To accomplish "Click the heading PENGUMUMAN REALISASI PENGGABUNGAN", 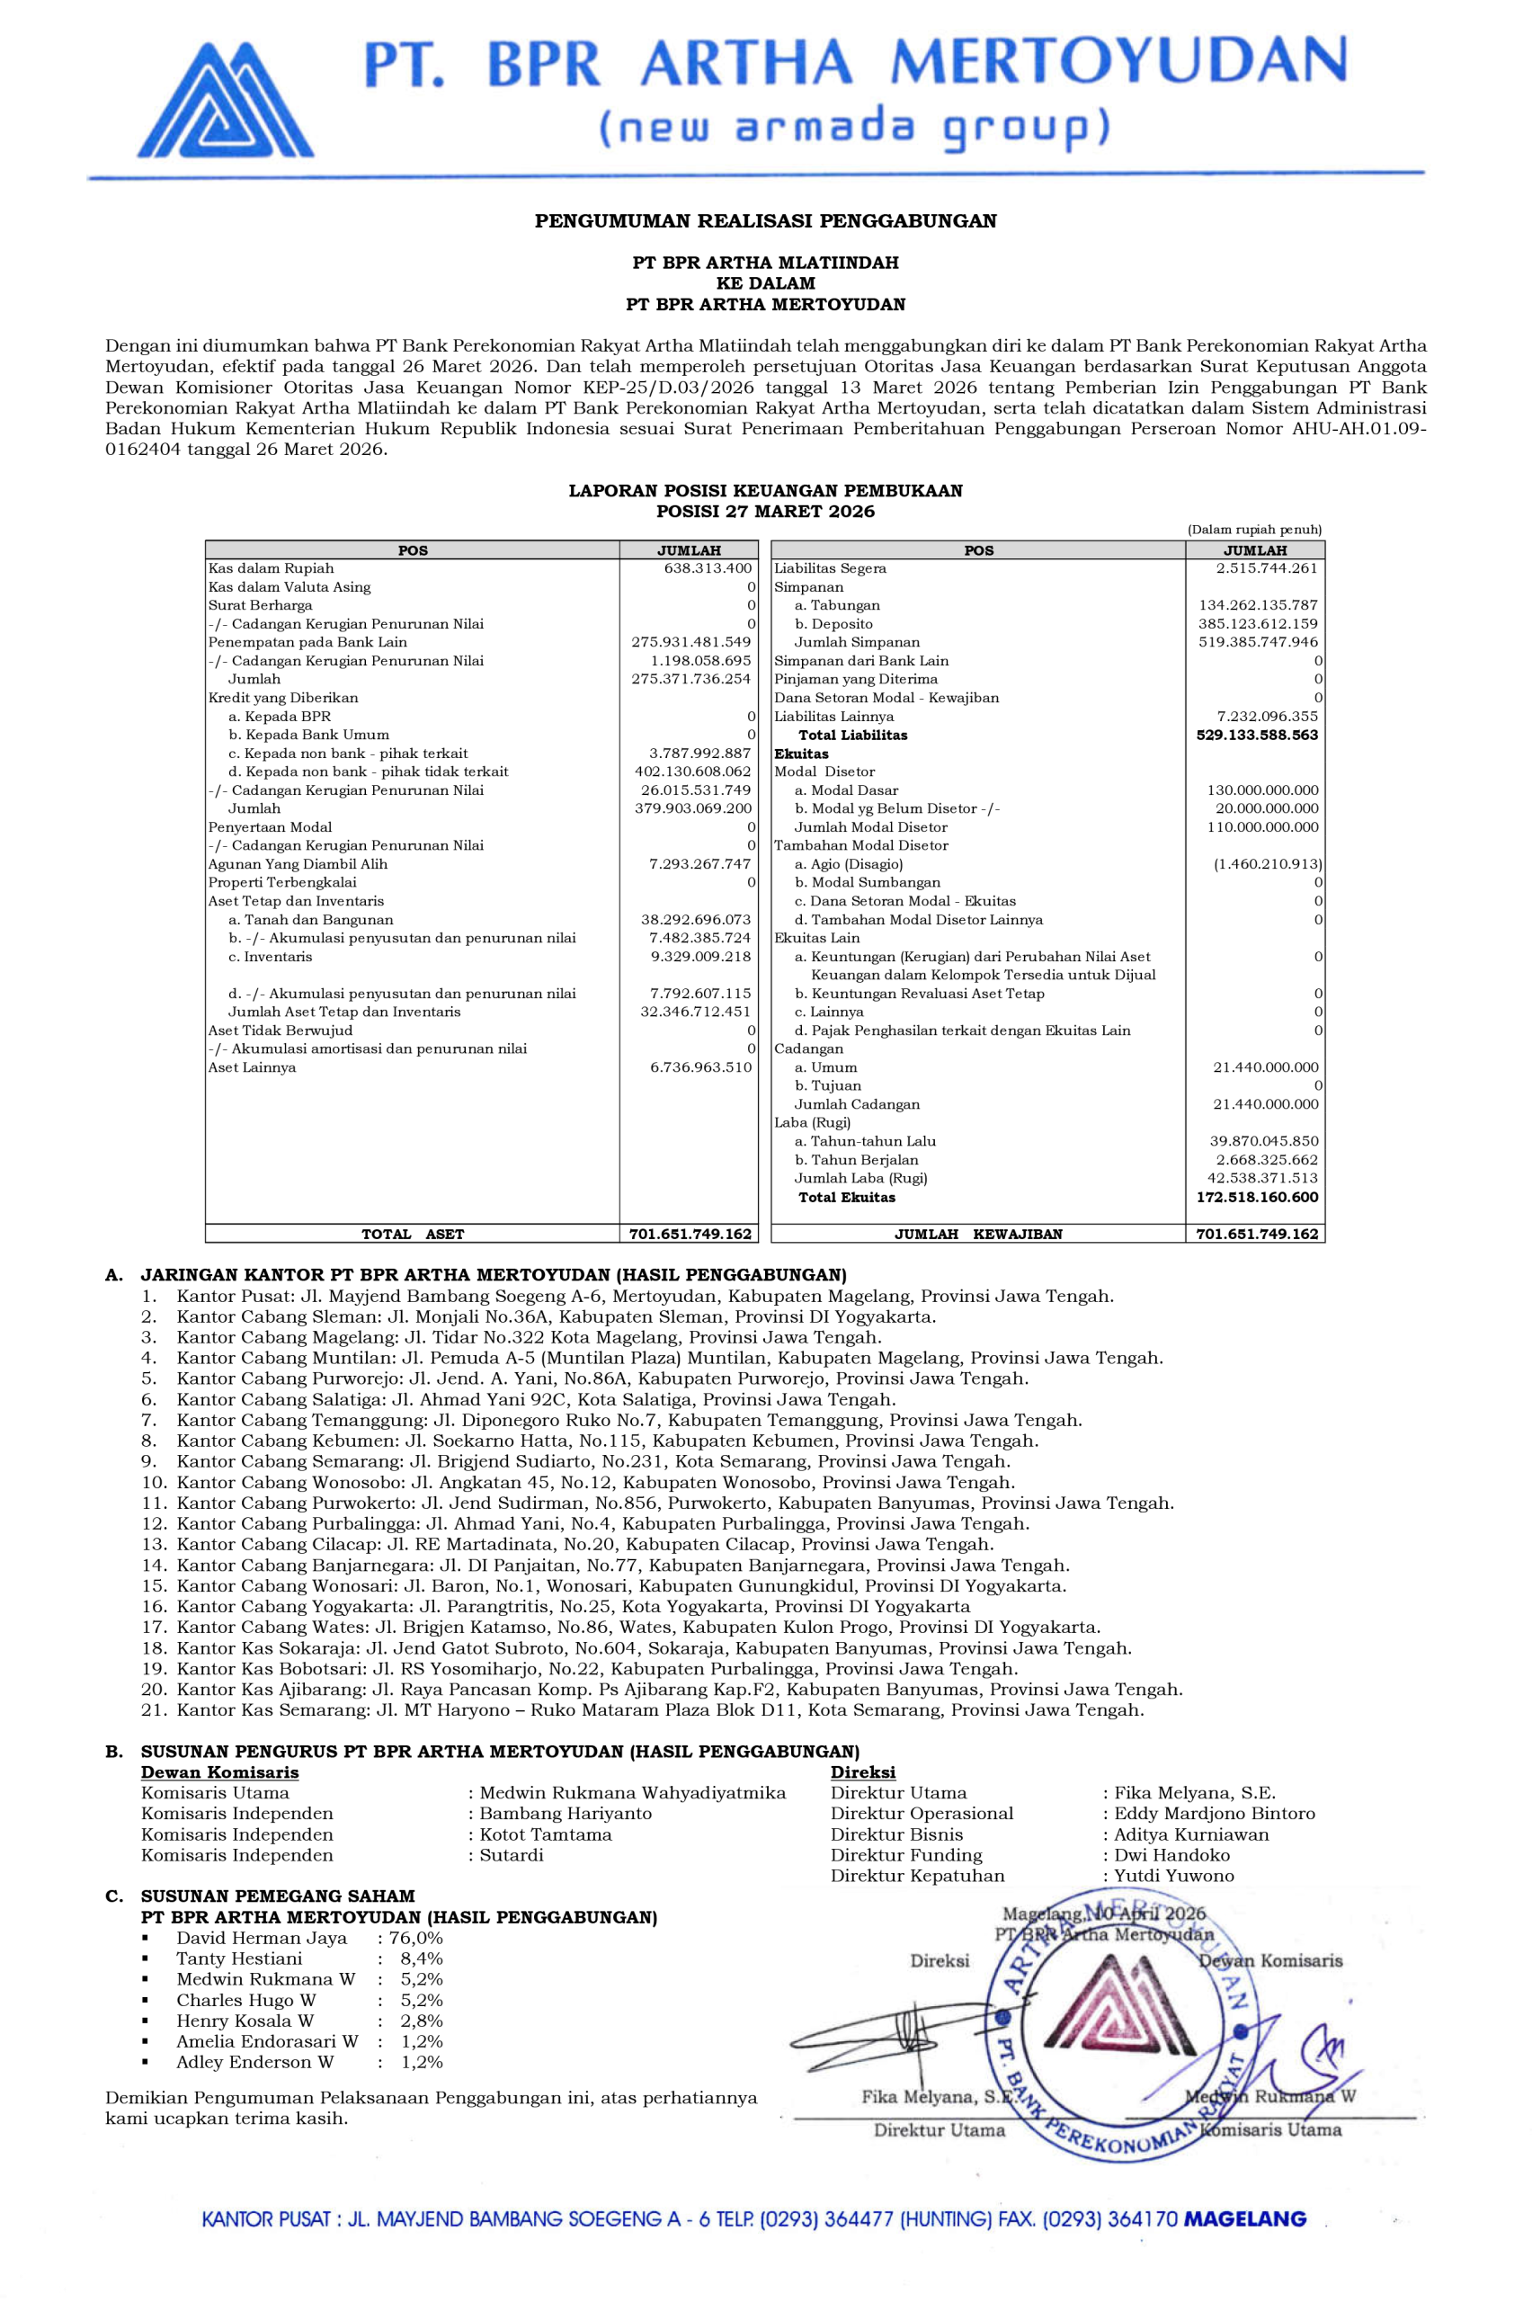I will (x=765, y=221).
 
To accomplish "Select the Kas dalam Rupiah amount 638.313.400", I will (x=708, y=568).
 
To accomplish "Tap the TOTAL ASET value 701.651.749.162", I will (x=690, y=1234).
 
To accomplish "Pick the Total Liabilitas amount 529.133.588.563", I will (x=1257, y=735).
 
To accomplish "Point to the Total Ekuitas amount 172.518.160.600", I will (x=1257, y=1197).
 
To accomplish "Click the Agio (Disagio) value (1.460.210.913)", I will (x=1267, y=864).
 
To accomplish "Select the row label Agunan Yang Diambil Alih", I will (x=298, y=864).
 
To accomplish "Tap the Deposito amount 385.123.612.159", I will (x=1258, y=623).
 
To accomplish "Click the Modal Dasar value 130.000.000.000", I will (x=1262, y=790).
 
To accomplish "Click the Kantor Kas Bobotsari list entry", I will (x=596, y=1669).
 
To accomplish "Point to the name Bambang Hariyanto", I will (x=565, y=1814).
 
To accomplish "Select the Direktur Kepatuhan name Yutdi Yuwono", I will (x=1173, y=1875).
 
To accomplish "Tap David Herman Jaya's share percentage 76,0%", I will (x=415, y=1938).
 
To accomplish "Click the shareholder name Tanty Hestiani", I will (x=239, y=1958).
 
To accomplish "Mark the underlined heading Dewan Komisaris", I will (x=220, y=1772).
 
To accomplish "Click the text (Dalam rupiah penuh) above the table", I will (x=1253, y=530).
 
